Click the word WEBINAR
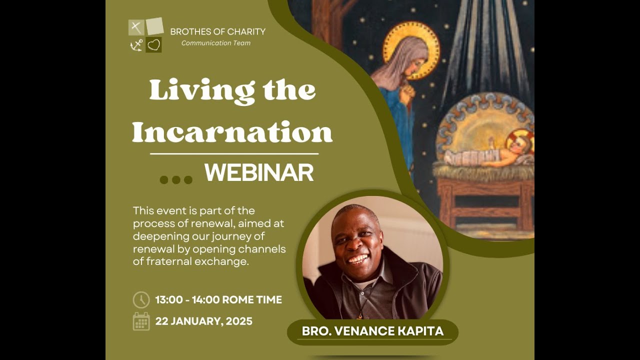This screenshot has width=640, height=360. tap(258, 173)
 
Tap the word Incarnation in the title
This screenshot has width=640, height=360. tap(232, 132)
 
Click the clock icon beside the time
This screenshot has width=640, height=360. tap(141, 300)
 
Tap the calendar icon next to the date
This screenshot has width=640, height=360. tap(141, 321)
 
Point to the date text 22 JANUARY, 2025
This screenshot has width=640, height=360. tap(203, 321)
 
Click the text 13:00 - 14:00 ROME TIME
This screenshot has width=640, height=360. tap(218, 300)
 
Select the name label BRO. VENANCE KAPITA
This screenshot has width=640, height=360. tap(372, 331)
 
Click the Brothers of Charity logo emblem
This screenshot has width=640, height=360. tap(145, 35)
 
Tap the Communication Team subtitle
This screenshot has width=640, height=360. tap(215, 43)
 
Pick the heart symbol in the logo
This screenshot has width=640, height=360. tap(154, 45)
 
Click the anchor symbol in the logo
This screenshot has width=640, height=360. tap(136, 45)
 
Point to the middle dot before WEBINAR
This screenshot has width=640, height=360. tap(176, 180)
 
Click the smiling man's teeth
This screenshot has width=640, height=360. tap(357, 259)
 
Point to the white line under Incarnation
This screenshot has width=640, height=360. tap(234, 154)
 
